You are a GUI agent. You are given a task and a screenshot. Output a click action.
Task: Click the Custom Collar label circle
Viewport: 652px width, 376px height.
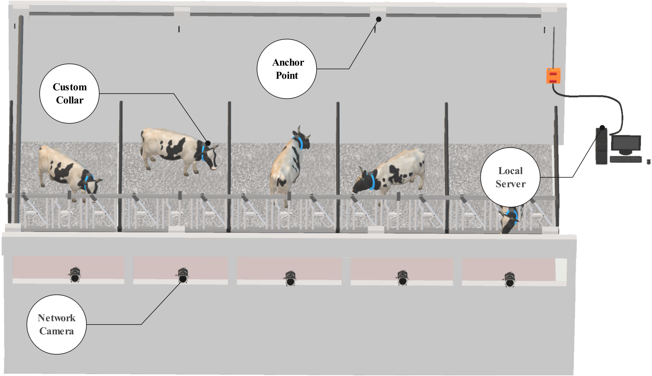click(69, 94)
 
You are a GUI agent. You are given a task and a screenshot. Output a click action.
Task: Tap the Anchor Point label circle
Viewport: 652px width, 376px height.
click(287, 69)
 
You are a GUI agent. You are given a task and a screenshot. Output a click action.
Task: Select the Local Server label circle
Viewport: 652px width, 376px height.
click(510, 177)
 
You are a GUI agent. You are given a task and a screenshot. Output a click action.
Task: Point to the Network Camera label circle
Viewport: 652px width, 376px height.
click(57, 324)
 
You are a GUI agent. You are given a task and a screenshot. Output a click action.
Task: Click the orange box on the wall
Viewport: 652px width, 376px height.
click(553, 76)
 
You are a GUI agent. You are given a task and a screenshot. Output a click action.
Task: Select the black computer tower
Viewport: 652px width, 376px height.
click(602, 146)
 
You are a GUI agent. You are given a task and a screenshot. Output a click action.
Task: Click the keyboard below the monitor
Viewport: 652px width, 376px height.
click(626, 159)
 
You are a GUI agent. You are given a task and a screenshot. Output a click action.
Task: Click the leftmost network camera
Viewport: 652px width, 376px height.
click(75, 275)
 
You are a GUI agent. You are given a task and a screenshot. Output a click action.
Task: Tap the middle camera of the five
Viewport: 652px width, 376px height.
click(290, 278)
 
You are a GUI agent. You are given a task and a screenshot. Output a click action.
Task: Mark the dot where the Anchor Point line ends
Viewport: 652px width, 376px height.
click(379, 19)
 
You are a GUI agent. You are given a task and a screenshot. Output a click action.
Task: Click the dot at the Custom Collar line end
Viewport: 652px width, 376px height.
click(208, 143)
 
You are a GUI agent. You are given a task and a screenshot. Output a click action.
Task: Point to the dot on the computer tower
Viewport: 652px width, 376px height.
click(602, 128)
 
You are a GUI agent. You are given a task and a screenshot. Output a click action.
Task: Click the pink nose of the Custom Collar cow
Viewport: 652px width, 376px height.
click(215, 167)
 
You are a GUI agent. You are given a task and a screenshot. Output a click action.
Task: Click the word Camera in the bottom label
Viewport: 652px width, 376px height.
click(57, 331)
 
